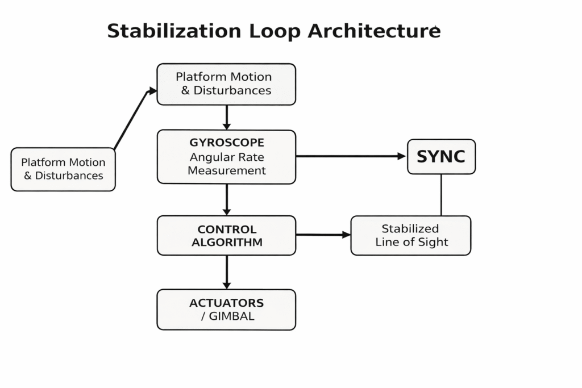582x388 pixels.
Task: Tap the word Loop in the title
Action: point(273,31)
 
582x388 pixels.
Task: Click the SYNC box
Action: point(441,156)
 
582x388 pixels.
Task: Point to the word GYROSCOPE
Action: point(226,142)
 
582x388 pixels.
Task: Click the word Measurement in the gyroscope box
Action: point(226,170)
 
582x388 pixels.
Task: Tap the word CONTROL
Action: point(226,230)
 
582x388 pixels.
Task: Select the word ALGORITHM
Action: point(226,243)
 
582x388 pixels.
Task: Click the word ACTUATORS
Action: point(226,303)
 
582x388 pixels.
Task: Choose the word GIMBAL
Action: point(231,316)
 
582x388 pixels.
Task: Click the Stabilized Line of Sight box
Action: point(410,235)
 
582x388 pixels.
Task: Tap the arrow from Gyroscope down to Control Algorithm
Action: point(227,199)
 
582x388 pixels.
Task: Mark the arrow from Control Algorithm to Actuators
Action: point(227,272)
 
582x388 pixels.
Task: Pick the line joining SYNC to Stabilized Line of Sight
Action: point(441,195)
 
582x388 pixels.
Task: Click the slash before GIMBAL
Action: point(203,316)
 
